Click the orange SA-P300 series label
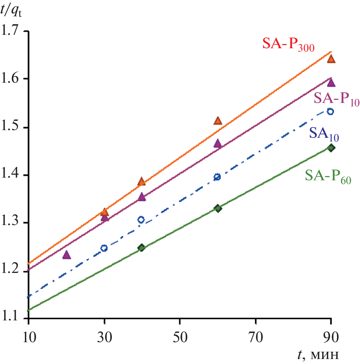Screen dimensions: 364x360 pos(288,45)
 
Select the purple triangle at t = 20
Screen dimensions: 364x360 pos(67,255)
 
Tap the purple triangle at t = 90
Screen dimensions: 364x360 pos(331,83)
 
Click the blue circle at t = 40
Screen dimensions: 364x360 pos(141,220)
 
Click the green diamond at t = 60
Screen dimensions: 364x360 pos(218,209)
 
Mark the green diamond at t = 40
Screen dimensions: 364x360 pos(141,248)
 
